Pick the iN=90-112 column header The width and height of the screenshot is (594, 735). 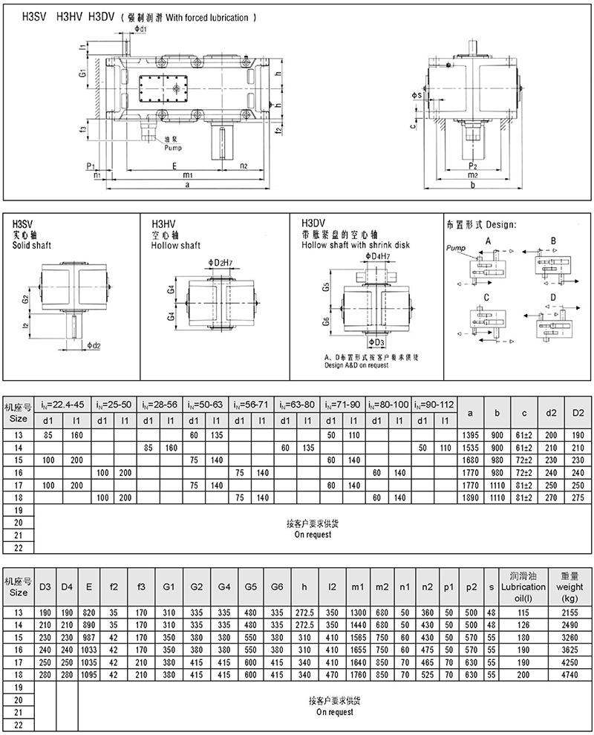[434, 405]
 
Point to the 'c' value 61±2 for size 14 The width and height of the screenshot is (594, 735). [524, 447]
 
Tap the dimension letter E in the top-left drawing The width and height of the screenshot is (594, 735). [174, 166]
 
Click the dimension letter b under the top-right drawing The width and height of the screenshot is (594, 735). [473, 186]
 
